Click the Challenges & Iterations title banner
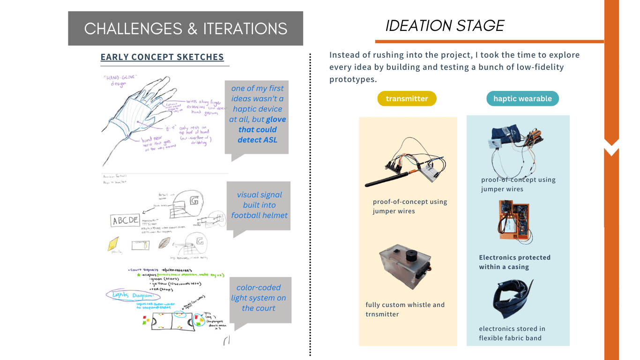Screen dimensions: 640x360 pyautogui.click(x=186, y=29)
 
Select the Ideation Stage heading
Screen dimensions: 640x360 pyautogui.click(x=445, y=26)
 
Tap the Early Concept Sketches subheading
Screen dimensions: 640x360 pyautogui.click(x=162, y=57)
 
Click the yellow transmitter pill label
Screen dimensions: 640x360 pyautogui.click(x=407, y=98)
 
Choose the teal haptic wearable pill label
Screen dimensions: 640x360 pyautogui.click(x=522, y=98)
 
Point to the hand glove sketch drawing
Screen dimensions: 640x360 pyautogui.click(x=155, y=115)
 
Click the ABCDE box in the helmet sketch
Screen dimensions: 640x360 pyautogui.click(x=125, y=220)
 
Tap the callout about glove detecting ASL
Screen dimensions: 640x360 pyautogui.click(x=257, y=114)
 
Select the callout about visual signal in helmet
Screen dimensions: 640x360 pyautogui.click(x=259, y=205)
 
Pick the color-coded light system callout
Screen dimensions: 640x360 pyautogui.click(x=258, y=298)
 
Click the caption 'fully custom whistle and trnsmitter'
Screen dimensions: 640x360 pyautogui.click(x=405, y=309)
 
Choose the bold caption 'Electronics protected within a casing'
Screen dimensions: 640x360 pyautogui.click(x=514, y=262)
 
